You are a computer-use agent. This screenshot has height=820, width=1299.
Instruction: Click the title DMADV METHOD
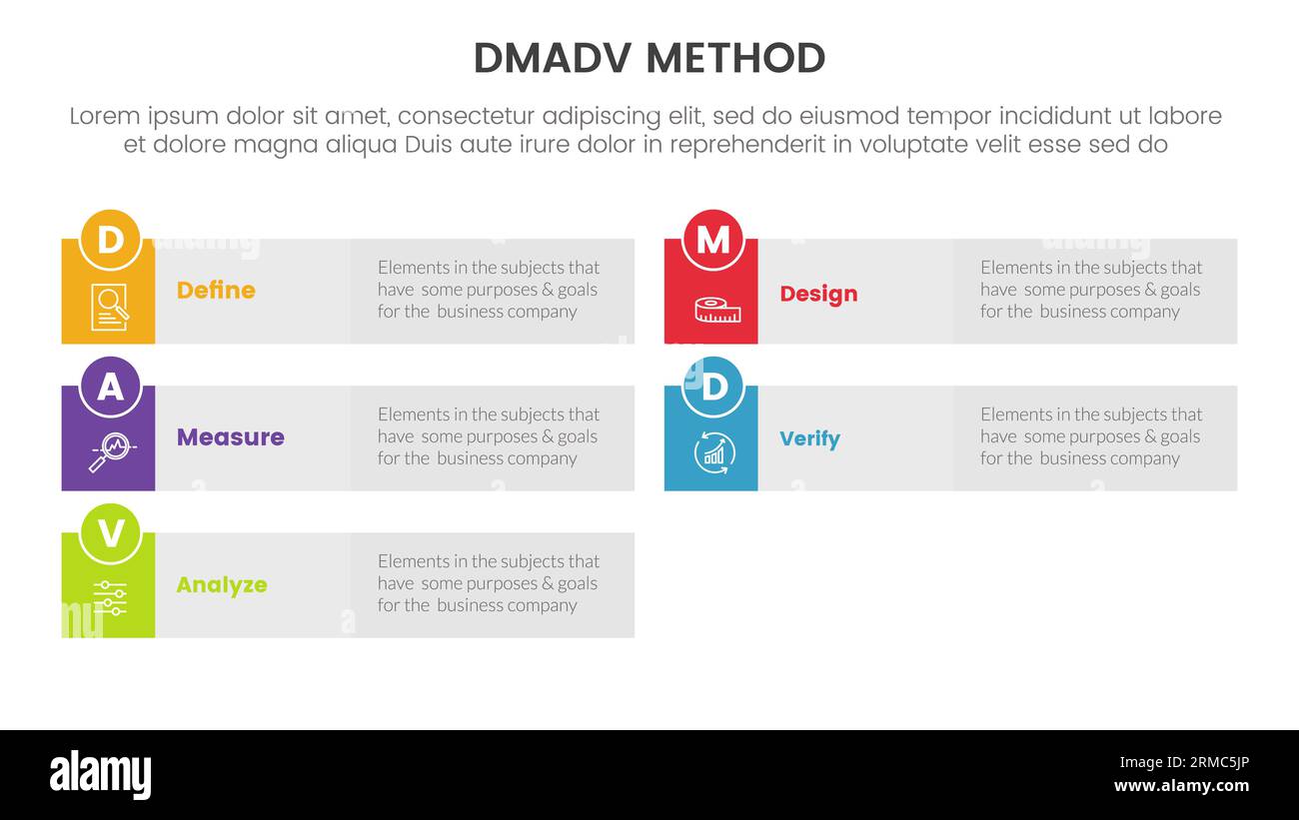pyautogui.click(x=649, y=59)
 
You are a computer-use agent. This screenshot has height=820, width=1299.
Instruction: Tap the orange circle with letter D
pyautogui.click(x=110, y=240)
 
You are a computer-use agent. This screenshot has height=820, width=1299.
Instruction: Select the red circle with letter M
pyautogui.click(x=712, y=240)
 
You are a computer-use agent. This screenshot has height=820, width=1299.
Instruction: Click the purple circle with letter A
pyautogui.click(x=110, y=387)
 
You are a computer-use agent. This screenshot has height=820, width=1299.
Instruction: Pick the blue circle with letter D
pyautogui.click(x=712, y=387)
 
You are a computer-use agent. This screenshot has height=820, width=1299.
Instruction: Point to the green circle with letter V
pyautogui.click(x=110, y=533)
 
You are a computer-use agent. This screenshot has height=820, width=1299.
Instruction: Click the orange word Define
pyautogui.click(x=216, y=291)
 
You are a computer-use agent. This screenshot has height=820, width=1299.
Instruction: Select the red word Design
pyautogui.click(x=818, y=294)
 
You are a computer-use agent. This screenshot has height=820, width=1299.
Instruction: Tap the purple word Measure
pyautogui.click(x=230, y=437)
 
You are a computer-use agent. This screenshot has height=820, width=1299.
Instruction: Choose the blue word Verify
pyautogui.click(x=809, y=439)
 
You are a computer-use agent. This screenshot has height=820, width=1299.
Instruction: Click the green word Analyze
pyautogui.click(x=221, y=585)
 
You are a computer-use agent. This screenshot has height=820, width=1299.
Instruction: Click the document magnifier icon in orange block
pyautogui.click(x=110, y=307)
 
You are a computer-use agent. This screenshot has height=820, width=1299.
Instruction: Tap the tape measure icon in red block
pyautogui.click(x=717, y=311)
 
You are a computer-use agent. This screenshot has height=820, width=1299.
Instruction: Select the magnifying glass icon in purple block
pyautogui.click(x=111, y=452)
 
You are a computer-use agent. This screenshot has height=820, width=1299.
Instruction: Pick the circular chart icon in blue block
pyautogui.click(x=713, y=453)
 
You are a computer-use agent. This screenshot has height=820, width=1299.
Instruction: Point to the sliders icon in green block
pyautogui.click(x=110, y=597)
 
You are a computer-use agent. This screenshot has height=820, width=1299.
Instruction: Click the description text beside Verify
pyautogui.click(x=1090, y=436)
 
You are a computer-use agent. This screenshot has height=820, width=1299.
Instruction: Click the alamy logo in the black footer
pyautogui.click(x=100, y=775)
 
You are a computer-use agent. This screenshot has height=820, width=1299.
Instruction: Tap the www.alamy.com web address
pyautogui.click(x=1181, y=786)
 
